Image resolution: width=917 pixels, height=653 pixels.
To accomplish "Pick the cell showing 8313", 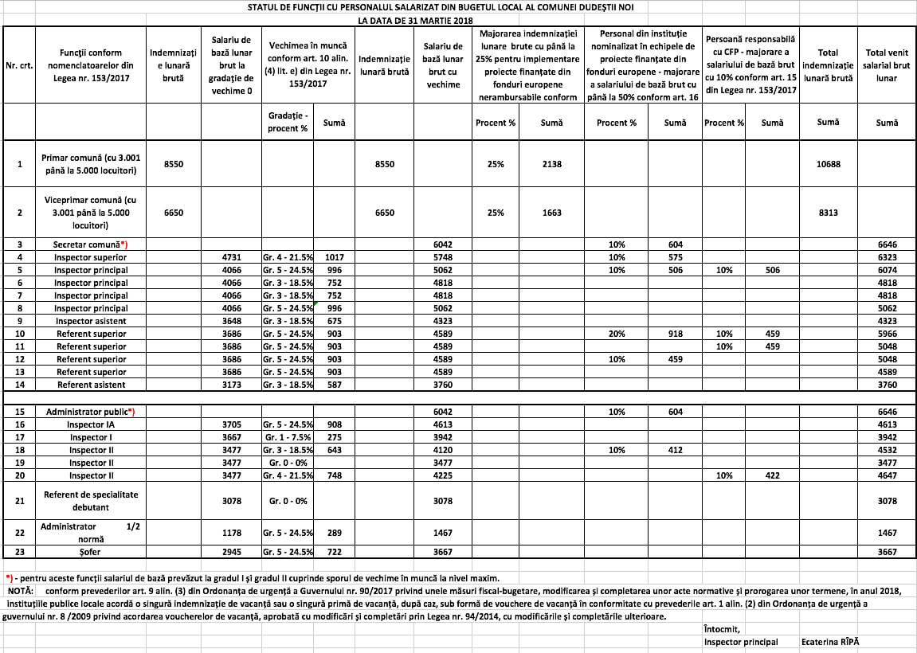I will [x=828, y=213].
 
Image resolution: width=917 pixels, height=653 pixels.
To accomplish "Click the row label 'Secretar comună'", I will [x=90, y=244].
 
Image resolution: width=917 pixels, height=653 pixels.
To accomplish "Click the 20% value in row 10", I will [x=616, y=334].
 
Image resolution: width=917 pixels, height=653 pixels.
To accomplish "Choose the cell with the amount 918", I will [x=675, y=334].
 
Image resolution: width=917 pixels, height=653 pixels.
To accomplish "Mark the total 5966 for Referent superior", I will [x=887, y=334].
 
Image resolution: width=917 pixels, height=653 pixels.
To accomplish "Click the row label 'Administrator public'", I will [x=90, y=412].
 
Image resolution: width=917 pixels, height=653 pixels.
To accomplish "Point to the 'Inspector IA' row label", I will [x=90, y=424].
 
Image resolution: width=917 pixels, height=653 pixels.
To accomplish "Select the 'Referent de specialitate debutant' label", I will [x=90, y=501].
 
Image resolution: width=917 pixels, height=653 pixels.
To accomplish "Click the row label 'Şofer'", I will [x=90, y=552].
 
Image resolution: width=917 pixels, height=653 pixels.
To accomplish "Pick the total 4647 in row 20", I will [x=887, y=475].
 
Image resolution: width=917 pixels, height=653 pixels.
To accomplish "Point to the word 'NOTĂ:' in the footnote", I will [x=20, y=592].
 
